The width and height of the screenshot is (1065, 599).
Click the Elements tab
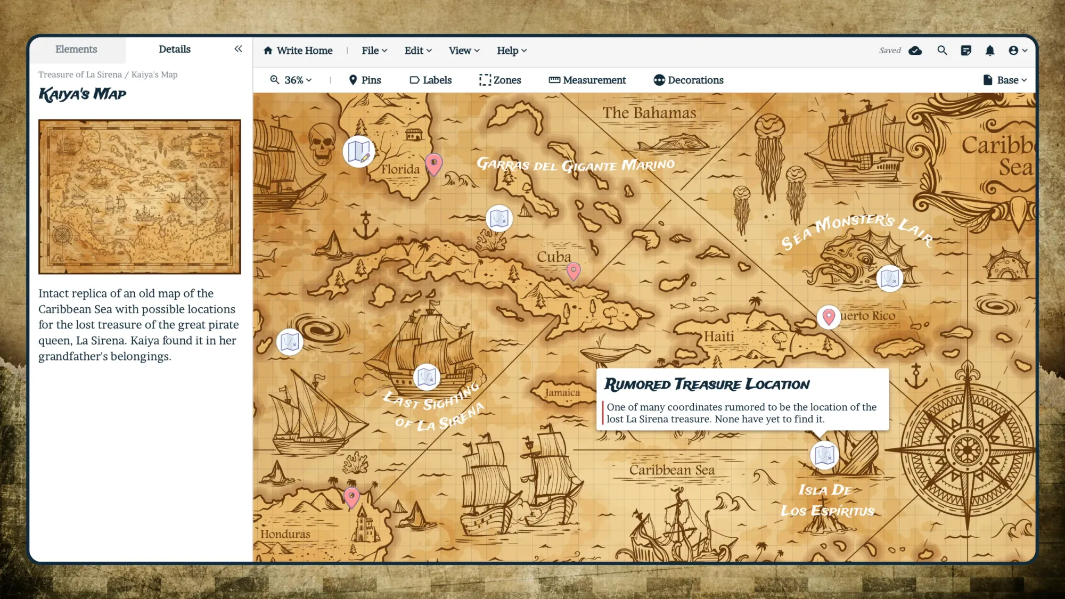coord(76,50)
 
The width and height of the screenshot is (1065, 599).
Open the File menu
coord(374,51)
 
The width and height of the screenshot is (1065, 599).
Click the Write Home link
coord(298,51)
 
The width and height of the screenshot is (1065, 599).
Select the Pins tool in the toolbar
coord(365,80)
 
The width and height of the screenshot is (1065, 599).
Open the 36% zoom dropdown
coord(291,80)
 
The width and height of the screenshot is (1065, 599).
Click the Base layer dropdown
coord(1004,80)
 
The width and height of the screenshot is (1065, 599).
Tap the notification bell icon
coord(989,51)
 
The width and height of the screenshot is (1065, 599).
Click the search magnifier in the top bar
coord(942,51)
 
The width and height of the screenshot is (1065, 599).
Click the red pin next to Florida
coord(433,163)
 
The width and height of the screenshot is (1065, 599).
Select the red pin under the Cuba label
coord(573,270)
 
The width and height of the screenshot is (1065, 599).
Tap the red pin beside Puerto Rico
coord(828,316)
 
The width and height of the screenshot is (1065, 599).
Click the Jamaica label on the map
coord(562,392)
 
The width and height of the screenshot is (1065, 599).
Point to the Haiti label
coord(718,337)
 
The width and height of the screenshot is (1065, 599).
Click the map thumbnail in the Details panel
coord(140,196)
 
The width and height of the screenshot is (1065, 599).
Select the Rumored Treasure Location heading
coord(706,384)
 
